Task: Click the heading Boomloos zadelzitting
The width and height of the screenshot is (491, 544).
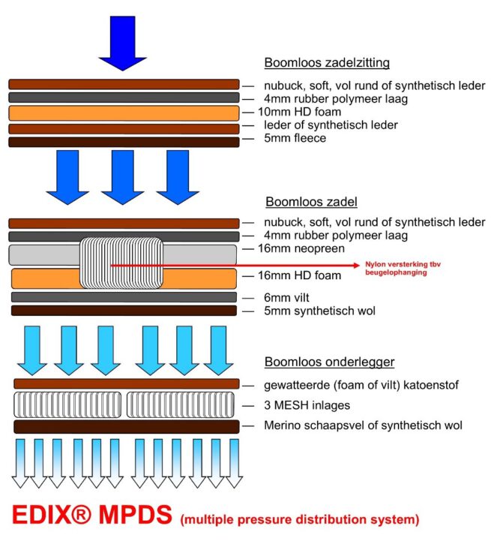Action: tap(326, 63)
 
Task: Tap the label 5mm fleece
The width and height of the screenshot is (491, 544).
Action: tap(295, 138)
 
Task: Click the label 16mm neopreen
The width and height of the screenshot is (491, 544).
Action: tap(302, 248)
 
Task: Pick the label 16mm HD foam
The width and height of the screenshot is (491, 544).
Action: tap(302, 275)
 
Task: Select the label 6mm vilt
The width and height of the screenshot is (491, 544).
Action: tap(288, 297)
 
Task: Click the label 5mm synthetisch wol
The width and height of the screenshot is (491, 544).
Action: tap(319, 311)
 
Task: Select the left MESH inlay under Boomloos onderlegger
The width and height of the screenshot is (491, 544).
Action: tap(67, 405)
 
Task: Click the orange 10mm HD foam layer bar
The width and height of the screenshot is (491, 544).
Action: tap(124, 113)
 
